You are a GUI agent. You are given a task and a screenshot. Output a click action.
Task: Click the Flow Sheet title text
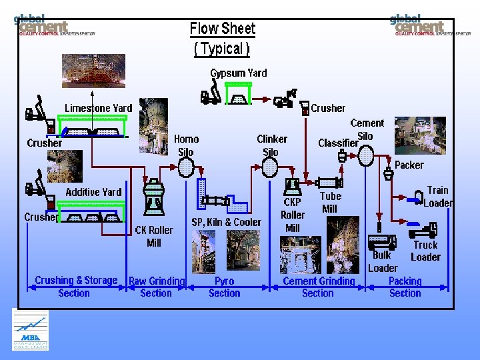223,29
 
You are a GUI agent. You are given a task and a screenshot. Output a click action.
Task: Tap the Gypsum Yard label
238,73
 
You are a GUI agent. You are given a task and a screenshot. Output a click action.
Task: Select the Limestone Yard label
98,108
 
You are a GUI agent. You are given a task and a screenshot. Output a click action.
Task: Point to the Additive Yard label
93,192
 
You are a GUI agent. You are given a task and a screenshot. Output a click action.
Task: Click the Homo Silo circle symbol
186,169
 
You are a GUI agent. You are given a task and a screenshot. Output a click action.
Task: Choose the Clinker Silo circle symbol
270,167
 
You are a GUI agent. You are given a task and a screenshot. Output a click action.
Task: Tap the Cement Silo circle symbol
366,156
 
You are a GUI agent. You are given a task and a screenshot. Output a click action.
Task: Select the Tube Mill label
330,202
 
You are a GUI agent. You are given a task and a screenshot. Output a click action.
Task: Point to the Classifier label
337,143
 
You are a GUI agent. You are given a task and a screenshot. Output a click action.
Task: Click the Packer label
409,165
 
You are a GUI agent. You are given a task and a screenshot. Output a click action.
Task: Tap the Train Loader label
437,197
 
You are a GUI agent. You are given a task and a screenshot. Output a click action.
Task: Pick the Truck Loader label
425,251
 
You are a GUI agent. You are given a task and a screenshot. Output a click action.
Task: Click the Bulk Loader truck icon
382,241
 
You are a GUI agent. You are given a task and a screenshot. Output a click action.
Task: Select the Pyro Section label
225,287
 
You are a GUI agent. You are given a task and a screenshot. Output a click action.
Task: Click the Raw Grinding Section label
156,287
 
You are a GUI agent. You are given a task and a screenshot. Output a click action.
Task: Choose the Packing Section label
405,287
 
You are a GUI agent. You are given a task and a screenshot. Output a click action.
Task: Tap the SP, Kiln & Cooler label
227,222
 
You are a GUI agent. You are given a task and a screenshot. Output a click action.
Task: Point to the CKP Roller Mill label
293,215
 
